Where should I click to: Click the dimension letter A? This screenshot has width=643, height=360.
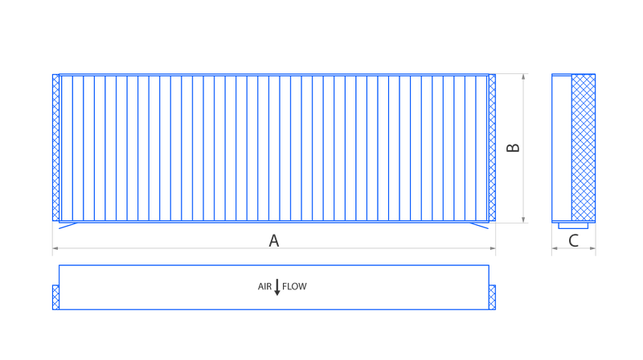point(274,239)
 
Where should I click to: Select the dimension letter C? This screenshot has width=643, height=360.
point(574,239)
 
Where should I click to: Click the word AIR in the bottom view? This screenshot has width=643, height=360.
point(265,286)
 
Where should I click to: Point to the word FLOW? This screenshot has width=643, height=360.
point(295,286)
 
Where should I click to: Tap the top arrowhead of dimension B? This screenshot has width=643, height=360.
point(524,77)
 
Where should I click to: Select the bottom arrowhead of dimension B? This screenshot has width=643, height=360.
point(524,219)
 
